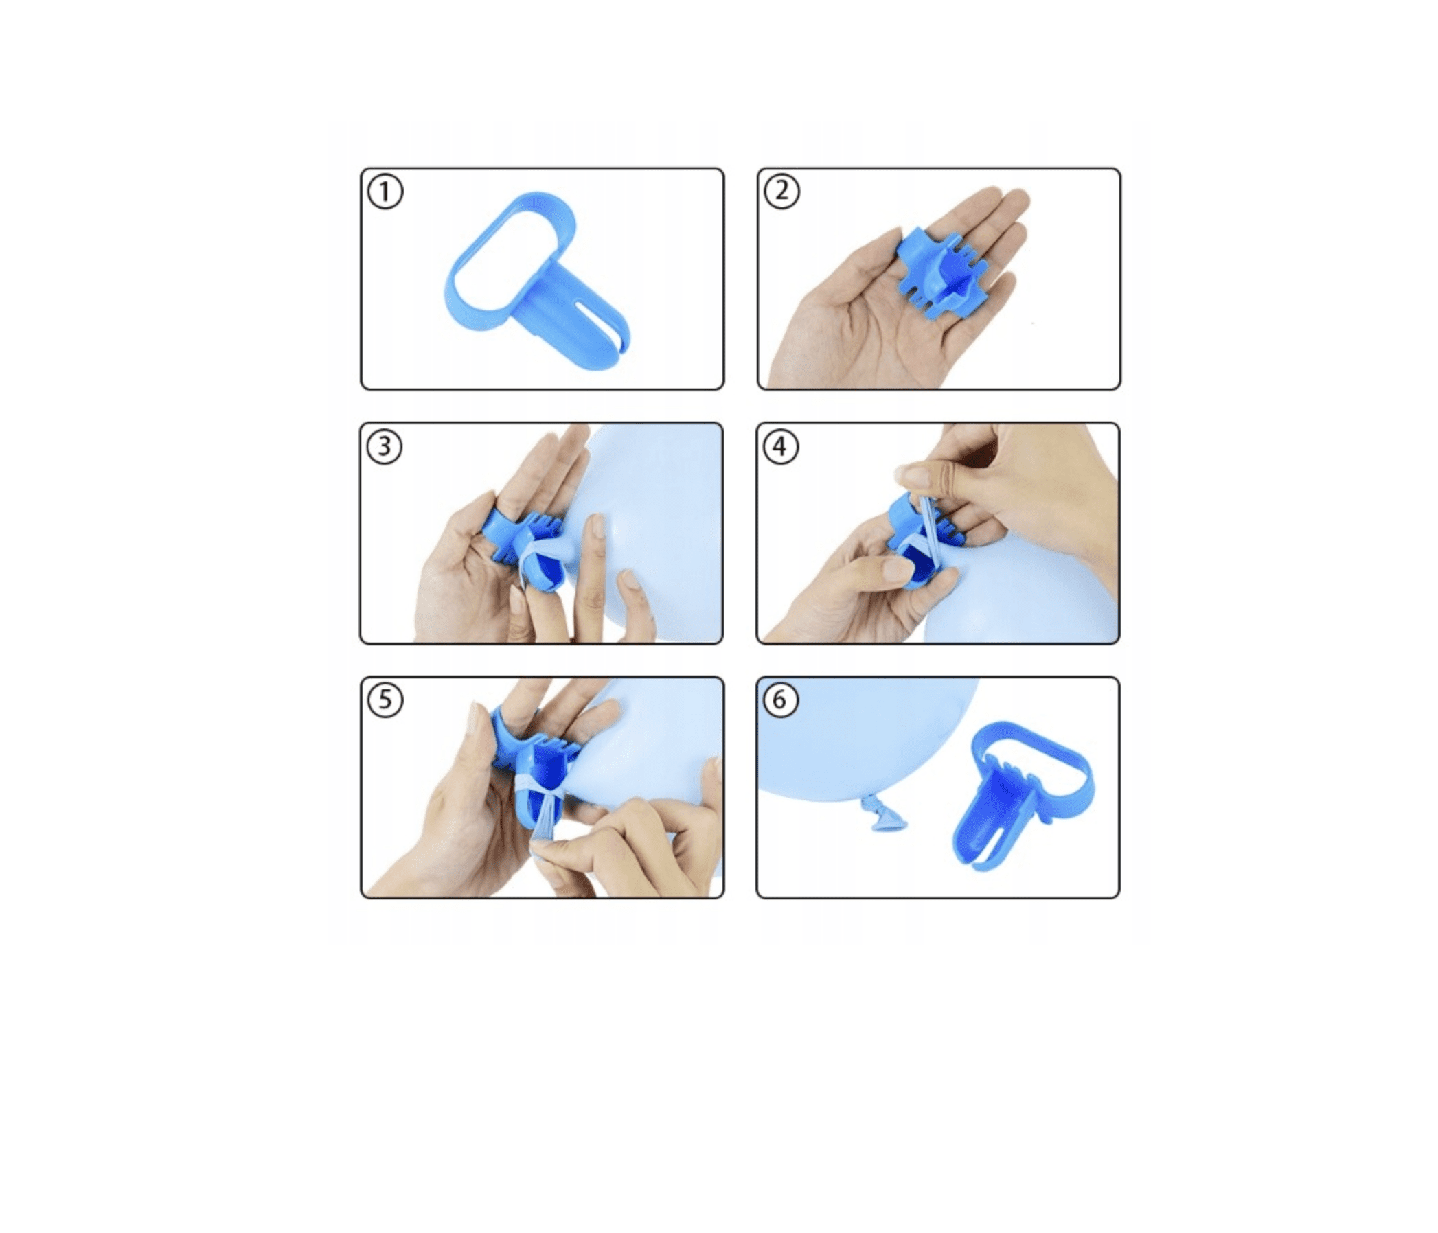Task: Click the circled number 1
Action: point(385,192)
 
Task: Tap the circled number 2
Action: point(781,191)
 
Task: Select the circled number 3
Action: point(385,446)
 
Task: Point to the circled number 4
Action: point(781,446)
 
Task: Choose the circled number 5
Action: point(385,700)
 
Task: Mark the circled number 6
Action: point(781,700)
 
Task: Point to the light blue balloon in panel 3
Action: point(646,527)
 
